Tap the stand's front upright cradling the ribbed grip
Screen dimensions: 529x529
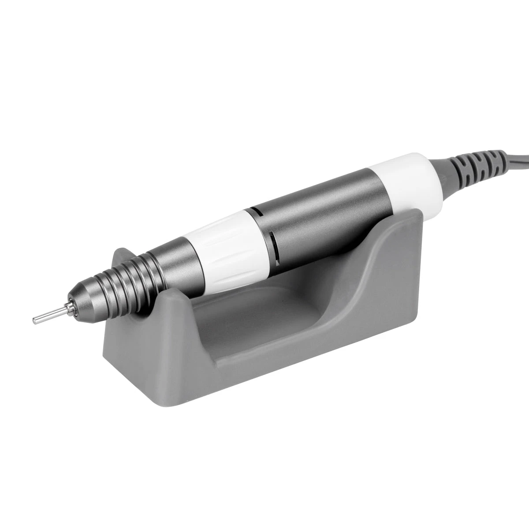click(x=132, y=304)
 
